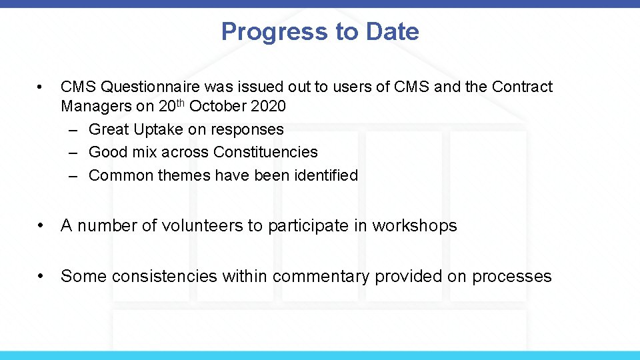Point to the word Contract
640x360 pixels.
tap(522, 87)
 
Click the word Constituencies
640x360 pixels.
tap(265, 152)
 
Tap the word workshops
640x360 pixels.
tap(415, 226)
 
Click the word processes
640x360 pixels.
tap(511, 276)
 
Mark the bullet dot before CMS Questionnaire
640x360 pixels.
tap(41, 87)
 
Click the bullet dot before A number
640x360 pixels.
tap(41, 226)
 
